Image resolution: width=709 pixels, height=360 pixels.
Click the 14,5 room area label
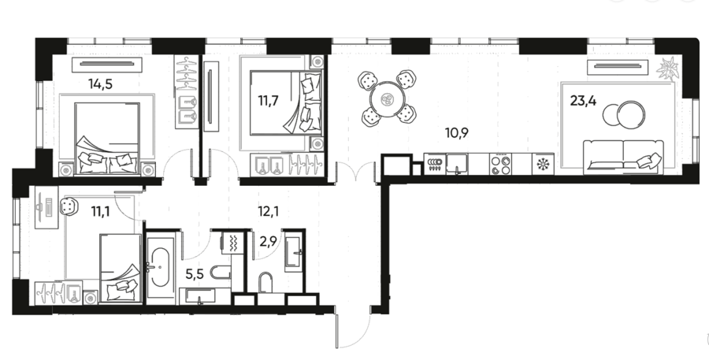click(x=100, y=84)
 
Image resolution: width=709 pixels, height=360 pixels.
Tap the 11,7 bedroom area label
click(x=268, y=100)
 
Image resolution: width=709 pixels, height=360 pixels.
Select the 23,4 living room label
click(x=583, y=100)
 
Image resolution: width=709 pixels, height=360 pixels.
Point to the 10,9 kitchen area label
click(x=456, y=133)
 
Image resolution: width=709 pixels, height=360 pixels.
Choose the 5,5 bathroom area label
click(x=195, y=273)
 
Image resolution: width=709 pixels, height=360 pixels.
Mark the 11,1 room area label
click(x=100, y=211)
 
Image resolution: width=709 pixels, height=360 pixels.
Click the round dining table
click(x=388, y=99)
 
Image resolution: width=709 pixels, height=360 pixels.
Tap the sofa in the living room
click(x=624, y=157)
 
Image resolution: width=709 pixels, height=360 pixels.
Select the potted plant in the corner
click(x=668, y=69)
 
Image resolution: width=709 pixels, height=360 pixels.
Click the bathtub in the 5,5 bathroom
click(x=161, y=269)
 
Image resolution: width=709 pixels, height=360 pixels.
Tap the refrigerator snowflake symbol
click(x=542, y=165)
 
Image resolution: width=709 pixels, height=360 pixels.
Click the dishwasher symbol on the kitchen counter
click(x=434, y=164)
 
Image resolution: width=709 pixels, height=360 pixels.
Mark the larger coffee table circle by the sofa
click(x=631, y=113)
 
